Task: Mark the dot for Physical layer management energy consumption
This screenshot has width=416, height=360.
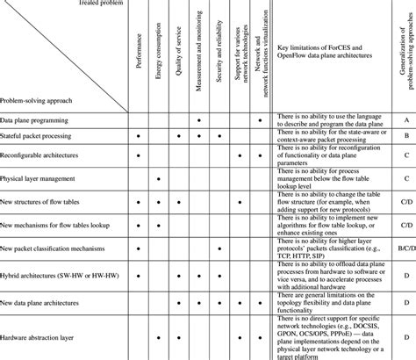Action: tap(159, 178)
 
